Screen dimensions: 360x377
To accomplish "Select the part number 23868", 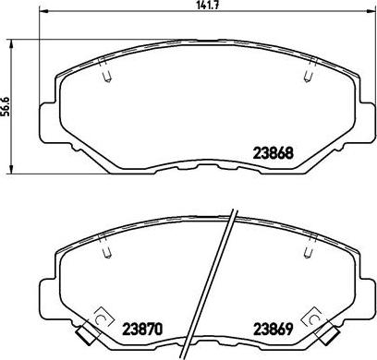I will [x=274, y=155].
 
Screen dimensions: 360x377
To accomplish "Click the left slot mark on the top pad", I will [x=107, y=78].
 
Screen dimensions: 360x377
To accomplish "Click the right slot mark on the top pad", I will [x=306, y=78].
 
